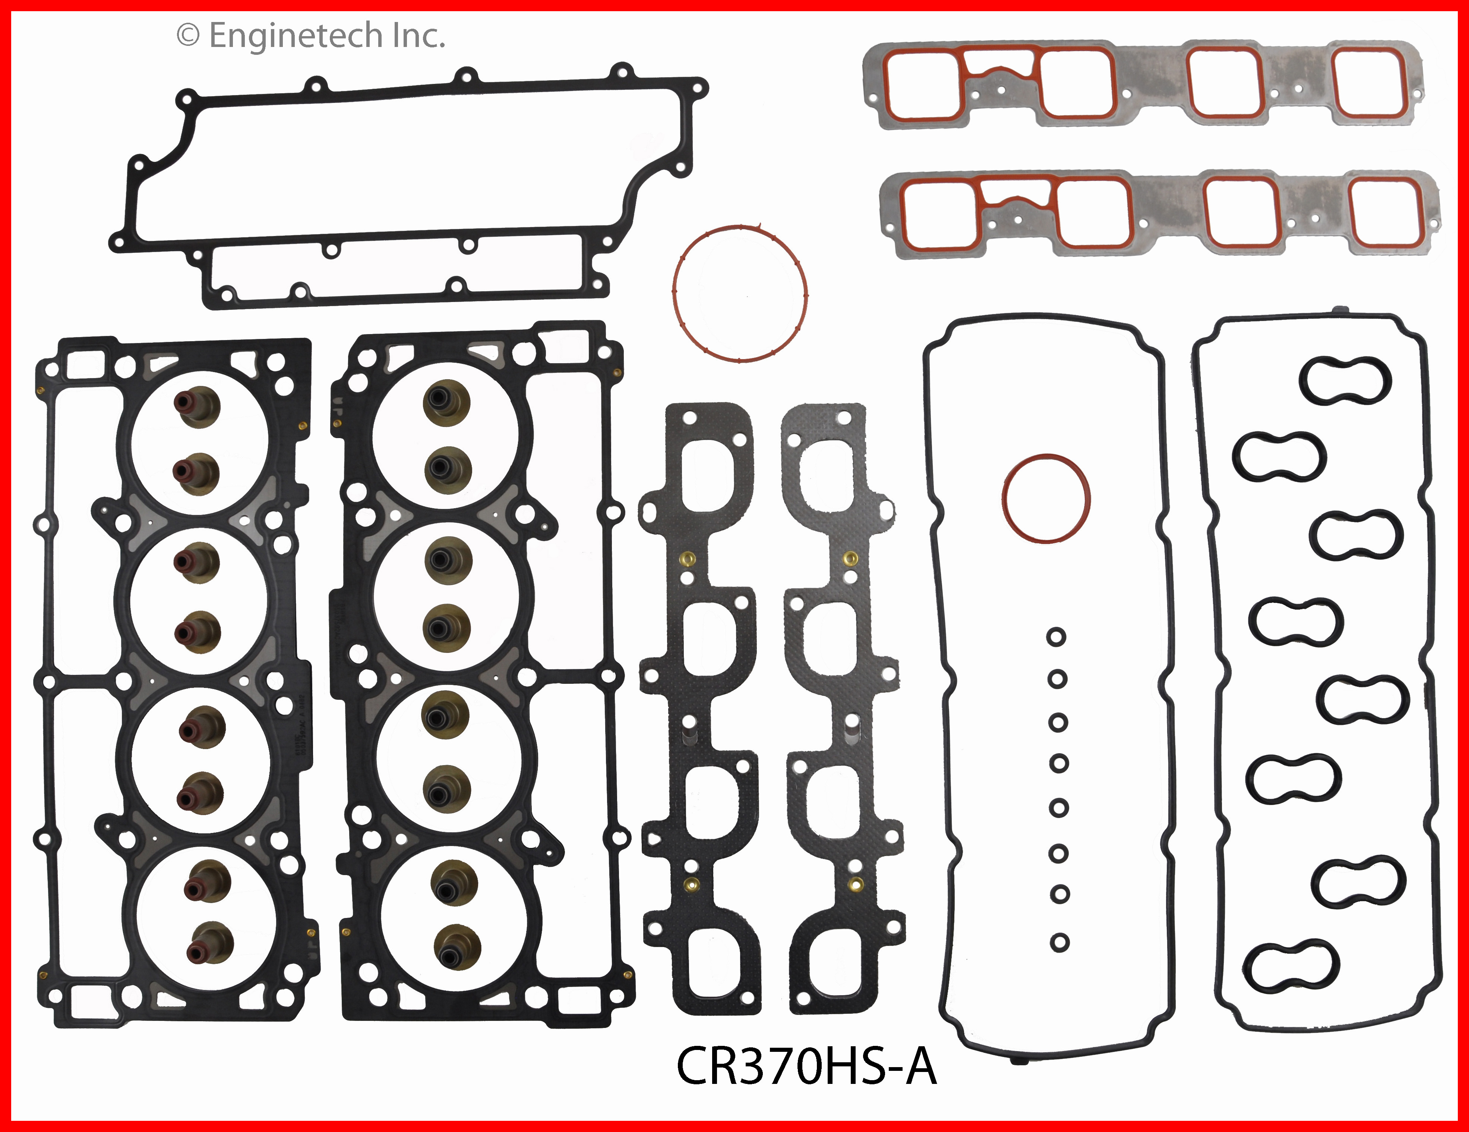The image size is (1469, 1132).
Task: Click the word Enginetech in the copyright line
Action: [x=296, y=36]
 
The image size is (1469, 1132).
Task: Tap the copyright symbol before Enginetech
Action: [x=188, y=36]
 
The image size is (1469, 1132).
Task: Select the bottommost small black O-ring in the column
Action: [x=1059, y=942]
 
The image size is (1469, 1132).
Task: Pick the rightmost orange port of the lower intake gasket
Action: [x=1386, y=212]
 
